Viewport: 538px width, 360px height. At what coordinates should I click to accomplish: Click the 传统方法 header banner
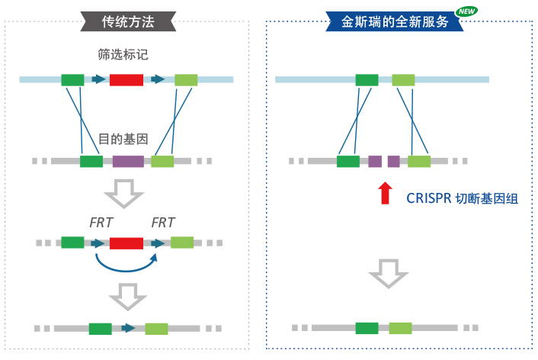pyautogui.click(x=127, y=21)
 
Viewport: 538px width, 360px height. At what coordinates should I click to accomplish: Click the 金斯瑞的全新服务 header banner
pyautogui.click(x=393, y=21)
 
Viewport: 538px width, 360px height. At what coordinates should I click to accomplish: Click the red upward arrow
pyautogui.click(x=385, y=193)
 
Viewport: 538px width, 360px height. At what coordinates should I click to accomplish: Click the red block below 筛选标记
pyautogui.click(x=126, y=79)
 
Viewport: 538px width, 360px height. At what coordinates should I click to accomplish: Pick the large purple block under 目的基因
pyautogui.click(x=128, y=161)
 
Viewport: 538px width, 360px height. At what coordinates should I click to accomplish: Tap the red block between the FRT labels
pyautogui.click(x=126, y=243)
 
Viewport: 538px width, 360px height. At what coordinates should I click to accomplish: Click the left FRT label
pyautogui.click(x=101, y=223)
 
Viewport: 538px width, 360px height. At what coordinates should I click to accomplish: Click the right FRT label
pyautogui.click(x=163, y=223)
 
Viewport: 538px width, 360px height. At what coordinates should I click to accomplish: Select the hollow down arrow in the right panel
pyautogui.click(x=389, y=272)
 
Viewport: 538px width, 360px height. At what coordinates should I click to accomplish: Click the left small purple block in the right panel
pyautogui.click(x=375, y=161)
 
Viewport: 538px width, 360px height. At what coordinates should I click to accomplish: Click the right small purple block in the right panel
pyautogui.click(x=393, y=161)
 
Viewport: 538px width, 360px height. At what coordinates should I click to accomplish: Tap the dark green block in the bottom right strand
pyautogui.click(x=367, y=328)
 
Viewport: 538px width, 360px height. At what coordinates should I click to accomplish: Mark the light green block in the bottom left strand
pyautogui.click(x=156, y=329)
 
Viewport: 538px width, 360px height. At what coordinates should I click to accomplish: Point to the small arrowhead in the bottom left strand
pyautogui.click(x=130, y=329)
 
